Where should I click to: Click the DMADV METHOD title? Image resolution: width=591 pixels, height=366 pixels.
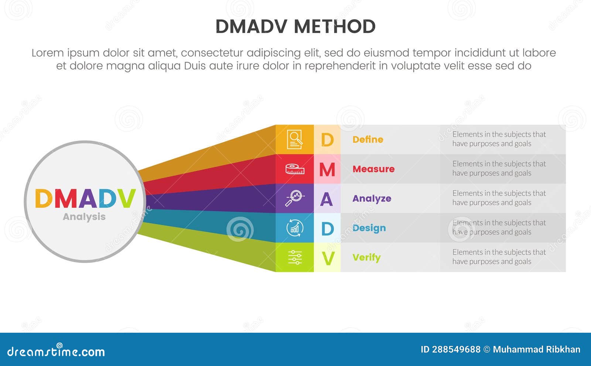coord(295,27)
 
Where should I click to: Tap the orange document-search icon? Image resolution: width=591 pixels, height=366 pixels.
coord(294,139)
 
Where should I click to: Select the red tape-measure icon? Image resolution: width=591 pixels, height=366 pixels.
coord(294,169)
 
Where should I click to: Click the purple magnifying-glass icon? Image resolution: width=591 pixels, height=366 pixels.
coord(294,199)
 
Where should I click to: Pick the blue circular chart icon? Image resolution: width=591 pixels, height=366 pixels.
coord(294,228)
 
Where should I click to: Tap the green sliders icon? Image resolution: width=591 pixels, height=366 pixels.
coord(294,257)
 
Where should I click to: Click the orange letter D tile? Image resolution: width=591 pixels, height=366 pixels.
coord(327,140)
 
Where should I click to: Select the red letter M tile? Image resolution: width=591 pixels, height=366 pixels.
coord(327,169)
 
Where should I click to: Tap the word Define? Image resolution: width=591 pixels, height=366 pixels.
coord(368,139)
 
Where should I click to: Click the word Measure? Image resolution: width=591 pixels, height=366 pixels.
coord(373,169)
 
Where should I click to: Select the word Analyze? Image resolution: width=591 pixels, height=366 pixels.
coord(372,199)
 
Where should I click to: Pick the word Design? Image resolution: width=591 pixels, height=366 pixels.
coord(369,228)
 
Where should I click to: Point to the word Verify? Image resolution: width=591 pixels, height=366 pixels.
coord(366,257)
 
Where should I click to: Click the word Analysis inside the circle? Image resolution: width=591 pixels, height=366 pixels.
coord(84,217)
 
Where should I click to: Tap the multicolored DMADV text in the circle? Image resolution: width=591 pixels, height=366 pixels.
coord(85,199)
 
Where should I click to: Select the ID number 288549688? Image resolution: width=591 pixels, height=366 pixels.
coord(456,349)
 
